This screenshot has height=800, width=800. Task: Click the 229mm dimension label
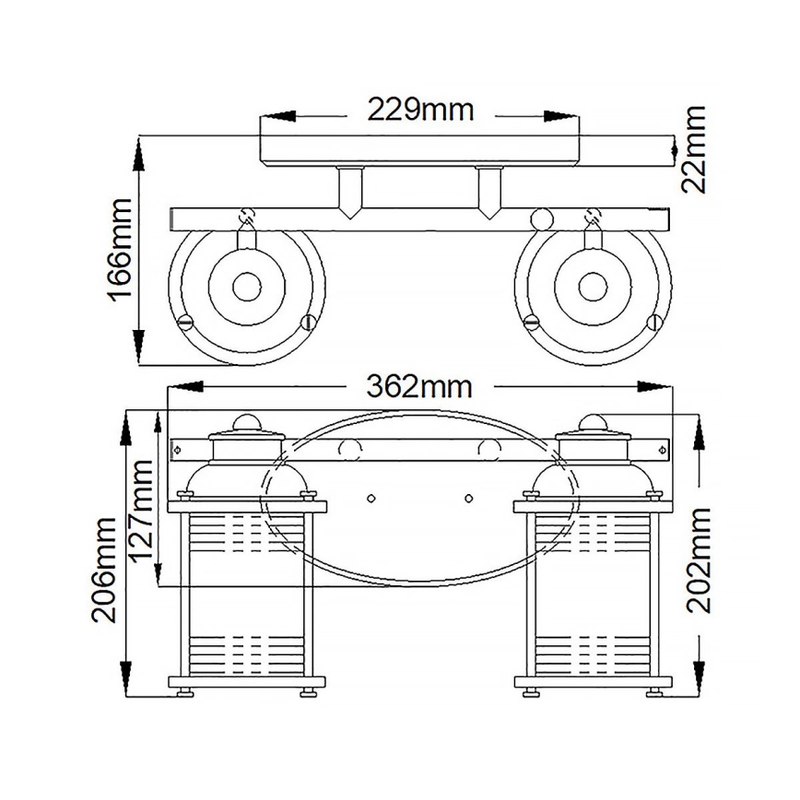click(420, 111)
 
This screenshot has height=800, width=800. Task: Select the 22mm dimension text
click(694, 148)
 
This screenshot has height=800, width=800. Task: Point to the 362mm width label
click(419, 385)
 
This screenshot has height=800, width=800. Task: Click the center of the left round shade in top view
click(247, 287)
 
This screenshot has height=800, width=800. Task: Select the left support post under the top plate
click(349, 189)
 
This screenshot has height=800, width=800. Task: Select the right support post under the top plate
click(489, 189)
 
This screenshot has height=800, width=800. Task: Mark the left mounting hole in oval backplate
click(371, 499)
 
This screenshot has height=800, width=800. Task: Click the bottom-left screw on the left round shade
click(184, 322)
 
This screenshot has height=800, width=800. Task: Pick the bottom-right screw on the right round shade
click(654, 322)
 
